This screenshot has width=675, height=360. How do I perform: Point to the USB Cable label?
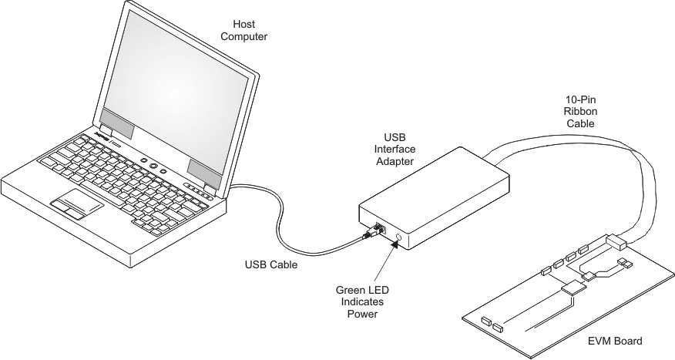pyautogui.click(x=270, y=264)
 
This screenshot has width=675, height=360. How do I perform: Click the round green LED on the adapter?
pyautogui.click(x=398, y=238)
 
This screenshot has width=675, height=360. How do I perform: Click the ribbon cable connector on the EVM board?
pyautogui.click(x=620, y=244)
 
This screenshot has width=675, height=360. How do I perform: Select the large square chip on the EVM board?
pyautogui.click(x=574, y=289)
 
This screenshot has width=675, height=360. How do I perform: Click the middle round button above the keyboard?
pyautogui.click(x=154, y=167)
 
